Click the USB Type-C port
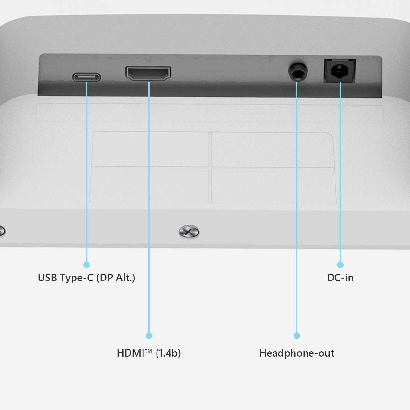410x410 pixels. (86, 77)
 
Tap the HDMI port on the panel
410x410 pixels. (148, 73)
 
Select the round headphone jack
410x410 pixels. (297, 72)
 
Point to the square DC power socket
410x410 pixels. (340, 71)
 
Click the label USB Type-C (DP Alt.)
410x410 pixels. (87, 278)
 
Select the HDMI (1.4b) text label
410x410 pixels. (149, 353)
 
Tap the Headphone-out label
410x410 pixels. (296, 353)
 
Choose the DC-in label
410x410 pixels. (340, 278)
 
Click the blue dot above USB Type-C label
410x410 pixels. (87, 265)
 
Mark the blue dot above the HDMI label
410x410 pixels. (149, 336)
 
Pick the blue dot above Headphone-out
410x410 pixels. (297, 336)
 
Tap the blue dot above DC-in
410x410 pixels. (340, 265)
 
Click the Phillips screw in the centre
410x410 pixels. (189, 232)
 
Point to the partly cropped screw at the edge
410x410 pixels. (2, 231)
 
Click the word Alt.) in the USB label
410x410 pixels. (125, 278)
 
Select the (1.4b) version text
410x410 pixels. (168, 353)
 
